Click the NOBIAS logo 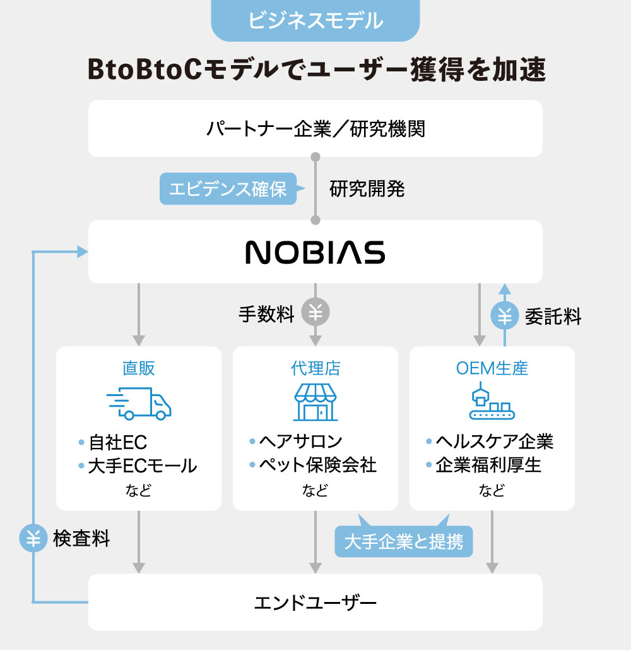click(315, 252)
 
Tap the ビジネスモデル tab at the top click(315, 20)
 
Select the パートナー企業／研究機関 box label click(315, 129)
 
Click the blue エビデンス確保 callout click(228, 189)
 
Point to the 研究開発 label click(367, 189)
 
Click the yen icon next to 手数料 click(315, 313)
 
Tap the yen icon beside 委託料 click(505, 316)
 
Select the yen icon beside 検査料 click(33, 539)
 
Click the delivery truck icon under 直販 click(139, 404)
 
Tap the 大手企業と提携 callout click(404, 541)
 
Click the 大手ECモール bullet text click(143, 466)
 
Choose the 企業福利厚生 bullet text click(488, 466)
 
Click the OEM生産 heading click(492, 368)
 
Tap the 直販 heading click(139, 368)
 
